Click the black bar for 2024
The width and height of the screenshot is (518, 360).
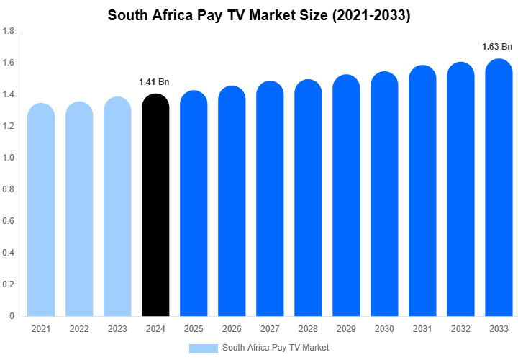pyautogui.click(x=155, y=209)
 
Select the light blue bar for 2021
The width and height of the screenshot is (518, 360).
pyautogui.click(x=41, y=212)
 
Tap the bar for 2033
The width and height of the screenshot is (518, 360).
pyautogui.click(x=499, y=191)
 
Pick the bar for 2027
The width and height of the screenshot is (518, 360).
pyautogui.click(x=270, y=202)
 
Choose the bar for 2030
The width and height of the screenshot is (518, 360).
pyautogui.click(x=384, y=198)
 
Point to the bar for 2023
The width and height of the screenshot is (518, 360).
pyautogui.click(x=117, y=209)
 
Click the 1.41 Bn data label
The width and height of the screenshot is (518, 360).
pyautogui.click(x=154, y=81)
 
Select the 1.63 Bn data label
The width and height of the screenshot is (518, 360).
pyautogui.click(x=497, y=47)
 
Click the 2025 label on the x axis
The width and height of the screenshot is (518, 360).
pyautogui.click(x=194, y=329)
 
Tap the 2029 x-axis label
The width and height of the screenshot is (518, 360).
pyautogui.click(x=346, y=329)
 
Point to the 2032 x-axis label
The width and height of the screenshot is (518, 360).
pyautogui.click(x=460, y=329)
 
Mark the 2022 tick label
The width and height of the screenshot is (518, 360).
pyautogui.click(x=79, y=329)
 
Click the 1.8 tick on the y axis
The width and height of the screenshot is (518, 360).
pyautogui.click(x=10, y=31)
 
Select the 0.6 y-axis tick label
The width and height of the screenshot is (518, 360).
pyautogui.click(x=10, y=221)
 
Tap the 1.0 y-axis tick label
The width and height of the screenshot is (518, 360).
pyautogui.click(x=10, y=158)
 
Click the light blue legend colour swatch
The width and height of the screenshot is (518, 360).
pyautogui.click(x=203, y=348)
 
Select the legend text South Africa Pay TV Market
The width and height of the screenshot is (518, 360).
pyautogui.click(x=276, y=348)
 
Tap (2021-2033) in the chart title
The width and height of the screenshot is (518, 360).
pyautogui.click(x=371, y=14)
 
